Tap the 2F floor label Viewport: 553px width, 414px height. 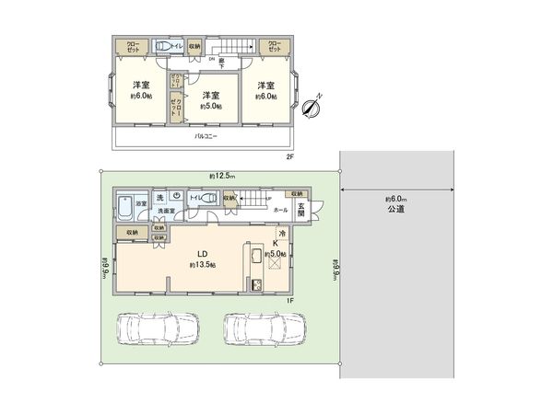290,156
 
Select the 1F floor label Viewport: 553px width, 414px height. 288,300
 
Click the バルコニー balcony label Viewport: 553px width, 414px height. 205,137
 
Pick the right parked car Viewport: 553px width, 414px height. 264,328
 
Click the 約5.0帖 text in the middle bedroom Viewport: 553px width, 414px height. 210,105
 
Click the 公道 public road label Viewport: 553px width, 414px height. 397,210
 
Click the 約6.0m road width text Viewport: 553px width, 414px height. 396,198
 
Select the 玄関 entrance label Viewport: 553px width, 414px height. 300,211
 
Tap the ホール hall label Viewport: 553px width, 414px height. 280,211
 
